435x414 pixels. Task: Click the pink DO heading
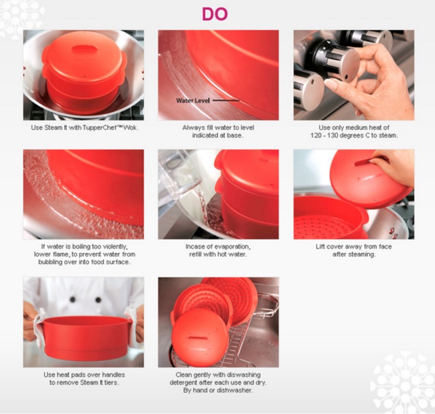click(215, 14)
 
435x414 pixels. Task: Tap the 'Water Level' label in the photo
click(193, 101)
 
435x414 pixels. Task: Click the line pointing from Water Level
click(226, 100)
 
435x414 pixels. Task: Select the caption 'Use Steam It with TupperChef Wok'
click(84, 128)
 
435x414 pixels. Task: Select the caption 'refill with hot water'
click(217, 254)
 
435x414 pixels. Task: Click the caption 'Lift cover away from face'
click(353, 247)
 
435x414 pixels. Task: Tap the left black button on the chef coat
click(73, 300)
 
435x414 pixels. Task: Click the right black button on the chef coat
click(98, 300)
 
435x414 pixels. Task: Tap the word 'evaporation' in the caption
click(232, 247)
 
